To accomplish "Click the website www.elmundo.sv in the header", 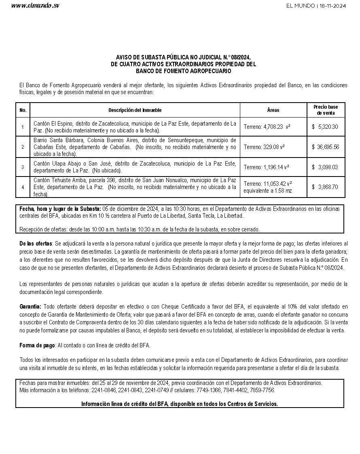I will pos(35,6).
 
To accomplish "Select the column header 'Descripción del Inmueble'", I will pos(135,110).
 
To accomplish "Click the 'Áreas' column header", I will pos(273,110).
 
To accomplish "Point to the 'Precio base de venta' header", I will pos(326,110).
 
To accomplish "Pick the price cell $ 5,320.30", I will pos(325,127).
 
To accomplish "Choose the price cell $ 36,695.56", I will pos(325,147).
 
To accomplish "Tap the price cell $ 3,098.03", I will pos(325,167).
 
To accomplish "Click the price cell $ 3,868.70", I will pos(325,187).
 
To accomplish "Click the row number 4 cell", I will pos(23,187).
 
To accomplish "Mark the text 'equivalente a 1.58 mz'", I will pos(268,190).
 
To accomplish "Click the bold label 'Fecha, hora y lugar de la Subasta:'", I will pos(60,209).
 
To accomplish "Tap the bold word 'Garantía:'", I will pos(30,307).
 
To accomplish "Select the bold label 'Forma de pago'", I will pos(37,345).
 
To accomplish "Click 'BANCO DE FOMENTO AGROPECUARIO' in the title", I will pos(183,71).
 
